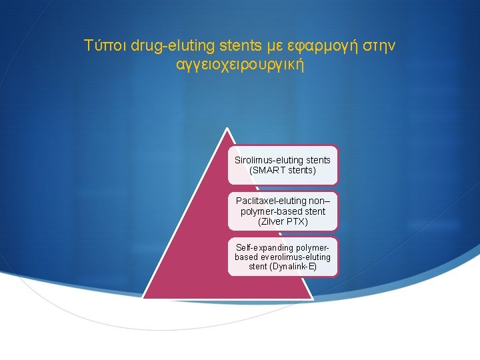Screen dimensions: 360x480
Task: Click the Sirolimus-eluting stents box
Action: point(283,165)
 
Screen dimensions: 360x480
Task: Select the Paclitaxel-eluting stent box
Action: point(283,211)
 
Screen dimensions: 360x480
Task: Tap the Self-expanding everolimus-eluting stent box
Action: point(283,257)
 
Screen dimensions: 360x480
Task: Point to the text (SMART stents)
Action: point(283,171)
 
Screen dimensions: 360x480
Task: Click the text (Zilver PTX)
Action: point(283,221)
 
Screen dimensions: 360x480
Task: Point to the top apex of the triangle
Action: point(227,129)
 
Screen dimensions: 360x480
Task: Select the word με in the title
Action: point(276,46)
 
